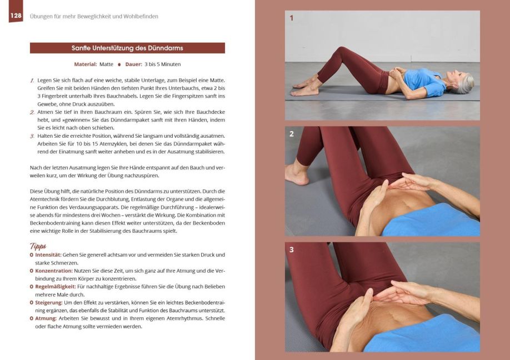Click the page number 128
[16, 16]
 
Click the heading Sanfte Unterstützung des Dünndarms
[127, 48]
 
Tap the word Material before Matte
[85, 64]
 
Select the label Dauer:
[134, 64]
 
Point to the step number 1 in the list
[32, 81]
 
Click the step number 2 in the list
[32, 112]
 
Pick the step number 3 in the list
[32, 136]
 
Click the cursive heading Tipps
[38, 246]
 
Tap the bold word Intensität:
[48, 255]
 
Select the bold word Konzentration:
[54, 271]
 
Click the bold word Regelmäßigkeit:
[56, 287]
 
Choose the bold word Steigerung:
[49, 303]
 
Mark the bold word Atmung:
[46, 318]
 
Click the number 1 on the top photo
[292, 18]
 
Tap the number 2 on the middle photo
[292, 134]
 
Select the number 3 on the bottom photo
[292, 250]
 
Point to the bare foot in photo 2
[296, 174]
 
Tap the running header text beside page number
[94, 16]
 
